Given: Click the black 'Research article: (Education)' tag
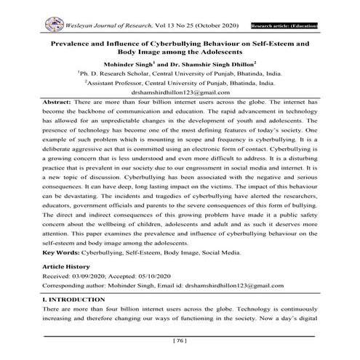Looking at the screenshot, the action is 283,26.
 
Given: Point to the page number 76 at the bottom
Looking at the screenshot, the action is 180,340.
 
